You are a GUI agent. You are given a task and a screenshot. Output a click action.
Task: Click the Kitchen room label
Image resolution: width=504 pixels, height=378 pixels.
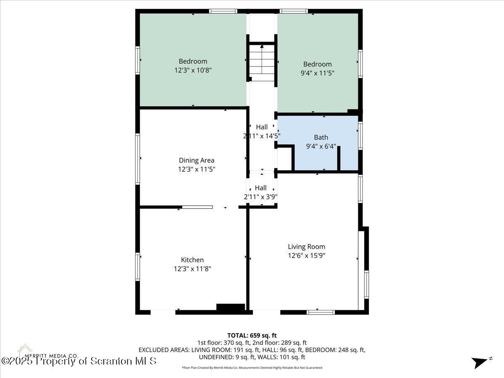pos(192,260)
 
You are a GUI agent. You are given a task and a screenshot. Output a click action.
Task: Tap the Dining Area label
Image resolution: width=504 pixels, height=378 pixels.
pos(197,160)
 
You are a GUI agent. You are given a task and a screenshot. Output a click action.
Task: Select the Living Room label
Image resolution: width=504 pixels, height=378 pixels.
pos(306,247)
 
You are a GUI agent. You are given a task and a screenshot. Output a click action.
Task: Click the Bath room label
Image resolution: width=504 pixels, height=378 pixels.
pos(321,137)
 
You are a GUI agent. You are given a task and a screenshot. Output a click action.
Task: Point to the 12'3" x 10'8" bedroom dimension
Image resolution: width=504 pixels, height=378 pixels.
pos(193,71)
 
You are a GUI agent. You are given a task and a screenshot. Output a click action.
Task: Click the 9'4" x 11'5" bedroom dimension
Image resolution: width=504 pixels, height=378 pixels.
pos(318,73)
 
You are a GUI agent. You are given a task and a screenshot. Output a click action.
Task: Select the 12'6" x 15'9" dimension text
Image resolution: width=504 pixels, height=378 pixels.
pos(306,255)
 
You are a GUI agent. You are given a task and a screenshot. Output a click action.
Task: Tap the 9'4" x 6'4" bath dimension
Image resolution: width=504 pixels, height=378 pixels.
pos(321,146)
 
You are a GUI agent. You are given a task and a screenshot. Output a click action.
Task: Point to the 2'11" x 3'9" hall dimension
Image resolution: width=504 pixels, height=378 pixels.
pos(261,197)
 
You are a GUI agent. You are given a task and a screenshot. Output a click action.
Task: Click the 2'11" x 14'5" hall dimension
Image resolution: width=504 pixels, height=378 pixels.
pos(262,136)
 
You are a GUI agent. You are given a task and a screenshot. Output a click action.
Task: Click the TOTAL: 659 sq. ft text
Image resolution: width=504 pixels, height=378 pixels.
pos(252,335)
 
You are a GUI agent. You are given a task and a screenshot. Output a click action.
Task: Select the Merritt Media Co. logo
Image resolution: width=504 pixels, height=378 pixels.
pos(25,351)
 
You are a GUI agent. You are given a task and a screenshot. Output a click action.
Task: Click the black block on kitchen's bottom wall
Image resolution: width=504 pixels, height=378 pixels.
pos(230,307)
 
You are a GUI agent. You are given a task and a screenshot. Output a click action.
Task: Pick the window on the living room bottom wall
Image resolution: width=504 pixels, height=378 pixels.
pos(320,312)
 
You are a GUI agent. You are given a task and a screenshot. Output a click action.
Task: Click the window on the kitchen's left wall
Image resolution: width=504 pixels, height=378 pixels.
pos(137,266)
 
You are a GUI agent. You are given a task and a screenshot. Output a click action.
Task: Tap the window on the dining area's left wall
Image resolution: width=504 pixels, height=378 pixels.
pos(137,158)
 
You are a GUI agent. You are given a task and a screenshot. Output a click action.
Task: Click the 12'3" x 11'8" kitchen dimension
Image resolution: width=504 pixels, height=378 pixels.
pos(193,269)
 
